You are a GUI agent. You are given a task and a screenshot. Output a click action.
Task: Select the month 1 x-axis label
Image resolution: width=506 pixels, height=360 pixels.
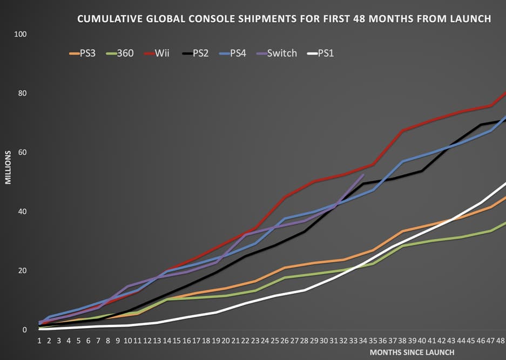(39, 341)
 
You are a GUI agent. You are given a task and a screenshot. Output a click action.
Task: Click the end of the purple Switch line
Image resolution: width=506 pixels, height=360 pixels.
(364, 175)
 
